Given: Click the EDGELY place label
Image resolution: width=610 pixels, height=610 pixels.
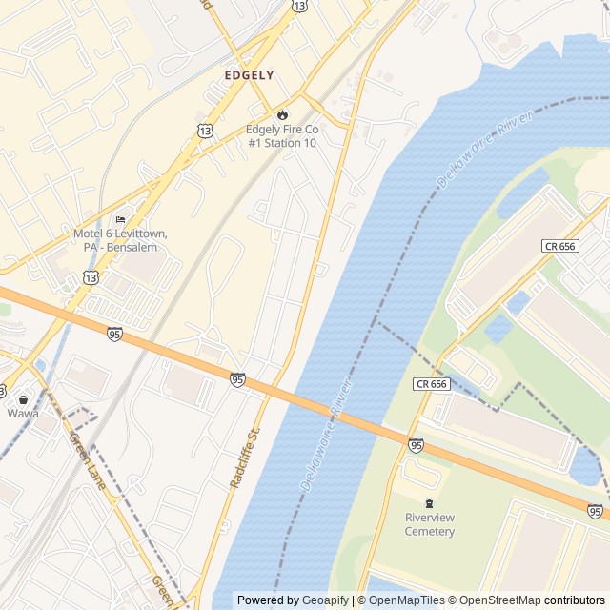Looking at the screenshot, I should point(249,74).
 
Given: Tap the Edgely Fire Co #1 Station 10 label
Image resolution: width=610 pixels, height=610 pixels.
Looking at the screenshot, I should point(282,135).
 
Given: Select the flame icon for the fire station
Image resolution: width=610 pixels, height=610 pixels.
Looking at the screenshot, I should point(282,115).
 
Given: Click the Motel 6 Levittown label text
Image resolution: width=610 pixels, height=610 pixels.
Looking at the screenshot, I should point(119,240).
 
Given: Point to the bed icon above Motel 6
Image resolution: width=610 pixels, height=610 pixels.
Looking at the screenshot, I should point(119,220).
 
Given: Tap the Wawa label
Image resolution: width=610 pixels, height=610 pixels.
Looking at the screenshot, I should point(23,414).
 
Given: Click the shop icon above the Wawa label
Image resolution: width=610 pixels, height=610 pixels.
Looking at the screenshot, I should point(23,399).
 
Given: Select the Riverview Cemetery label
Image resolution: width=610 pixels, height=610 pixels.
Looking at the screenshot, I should point(430,524).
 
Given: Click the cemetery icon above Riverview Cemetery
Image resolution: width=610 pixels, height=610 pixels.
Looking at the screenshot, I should point(430,503).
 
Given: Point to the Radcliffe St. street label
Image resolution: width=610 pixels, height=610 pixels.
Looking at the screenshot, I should point(245,457).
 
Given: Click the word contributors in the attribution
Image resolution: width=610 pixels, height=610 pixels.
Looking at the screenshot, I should point(575,600).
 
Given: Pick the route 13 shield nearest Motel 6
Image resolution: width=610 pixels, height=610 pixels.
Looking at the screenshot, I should point(91,277).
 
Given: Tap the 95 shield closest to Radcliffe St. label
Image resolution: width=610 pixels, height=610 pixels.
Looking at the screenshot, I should point(237,379).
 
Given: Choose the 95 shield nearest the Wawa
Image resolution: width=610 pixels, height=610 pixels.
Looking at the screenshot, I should point(114,334).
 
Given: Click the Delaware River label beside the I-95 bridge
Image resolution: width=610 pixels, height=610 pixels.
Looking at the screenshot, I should point(320,446).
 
